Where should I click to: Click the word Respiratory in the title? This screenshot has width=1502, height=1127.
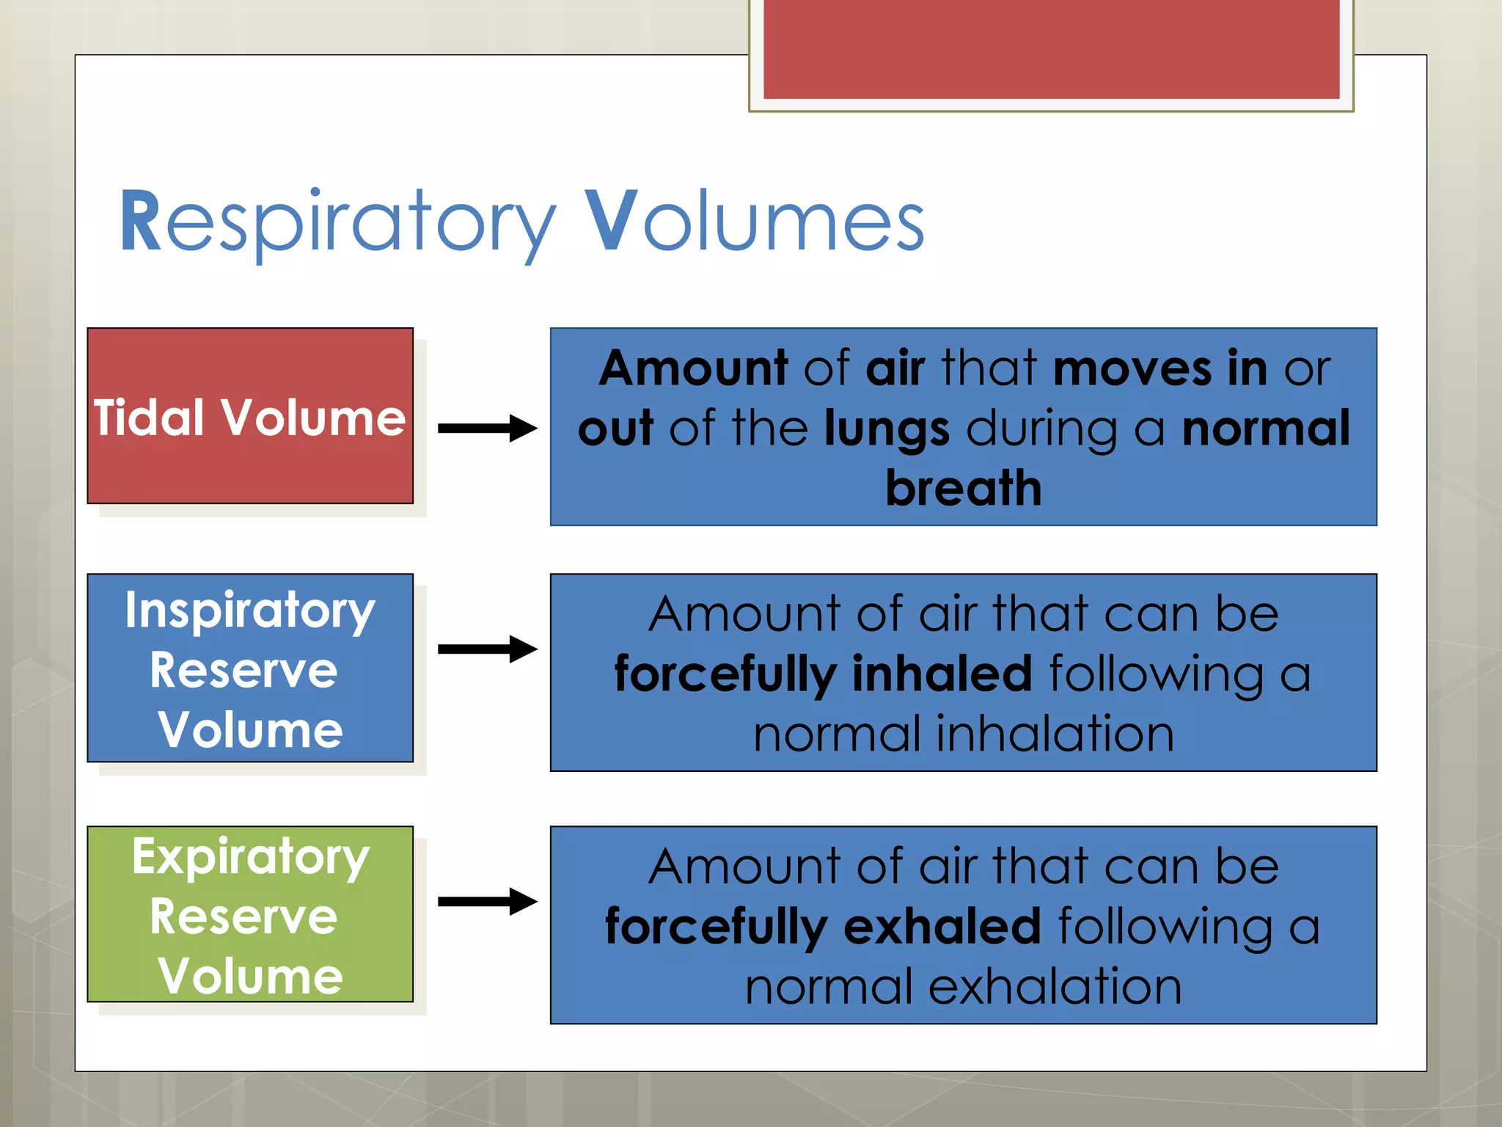point(337,222)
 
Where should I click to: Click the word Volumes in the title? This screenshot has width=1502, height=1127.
point(755,222)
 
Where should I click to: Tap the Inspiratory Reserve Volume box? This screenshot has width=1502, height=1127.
point(250,668)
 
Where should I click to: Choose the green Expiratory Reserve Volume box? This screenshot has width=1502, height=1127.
point(250,914)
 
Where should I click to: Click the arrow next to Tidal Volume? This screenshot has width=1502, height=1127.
point(487,428)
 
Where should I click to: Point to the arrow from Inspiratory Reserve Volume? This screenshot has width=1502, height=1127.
point(487,649)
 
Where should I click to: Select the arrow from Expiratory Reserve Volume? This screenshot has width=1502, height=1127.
point(487,902)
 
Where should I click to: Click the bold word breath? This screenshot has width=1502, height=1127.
point(963,489)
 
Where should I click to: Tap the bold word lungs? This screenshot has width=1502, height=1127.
point(886,430)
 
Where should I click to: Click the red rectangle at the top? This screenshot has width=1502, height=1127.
point(1051,49)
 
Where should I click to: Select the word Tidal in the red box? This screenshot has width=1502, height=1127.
point(149,418)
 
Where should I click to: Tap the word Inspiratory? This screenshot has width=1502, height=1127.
point(250,610)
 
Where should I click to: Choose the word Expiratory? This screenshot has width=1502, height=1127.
point(250,857)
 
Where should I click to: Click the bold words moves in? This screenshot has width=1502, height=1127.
point(1160,368)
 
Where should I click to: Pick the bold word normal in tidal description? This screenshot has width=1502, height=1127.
point(1265,428)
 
